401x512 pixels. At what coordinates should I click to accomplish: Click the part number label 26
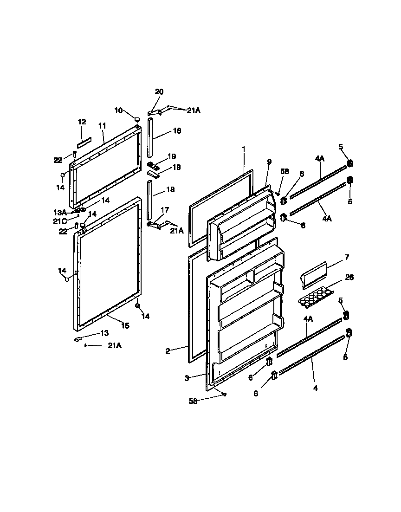coord(349,278)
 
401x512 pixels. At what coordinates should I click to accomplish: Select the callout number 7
coord(347,257)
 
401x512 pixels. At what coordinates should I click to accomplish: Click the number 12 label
coord(82,122)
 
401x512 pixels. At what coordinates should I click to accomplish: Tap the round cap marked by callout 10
coord(137,120)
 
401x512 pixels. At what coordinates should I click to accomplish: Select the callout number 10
coord(119,110)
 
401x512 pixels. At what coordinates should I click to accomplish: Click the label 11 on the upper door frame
coord(102,125)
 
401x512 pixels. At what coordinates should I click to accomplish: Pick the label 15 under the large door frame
coord(125,325)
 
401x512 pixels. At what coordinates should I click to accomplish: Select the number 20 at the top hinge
coord(159,92)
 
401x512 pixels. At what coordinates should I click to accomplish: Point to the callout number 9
coord(269,162)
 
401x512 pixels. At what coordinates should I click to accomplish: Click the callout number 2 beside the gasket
coord(168,351)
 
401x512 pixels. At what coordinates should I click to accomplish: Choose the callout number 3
coord(187,378)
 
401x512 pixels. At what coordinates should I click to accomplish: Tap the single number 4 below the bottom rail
coord(315,388)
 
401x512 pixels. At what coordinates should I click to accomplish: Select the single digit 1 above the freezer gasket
coord(243,149)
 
